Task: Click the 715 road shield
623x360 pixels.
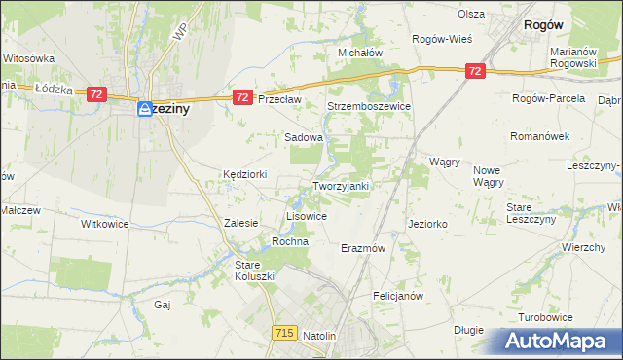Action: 284,333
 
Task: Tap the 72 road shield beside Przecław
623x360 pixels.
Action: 243,97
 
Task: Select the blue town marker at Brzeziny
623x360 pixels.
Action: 144,110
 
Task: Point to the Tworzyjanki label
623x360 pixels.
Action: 341,186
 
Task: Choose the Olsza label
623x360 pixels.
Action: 472,15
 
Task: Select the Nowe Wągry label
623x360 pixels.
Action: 488,176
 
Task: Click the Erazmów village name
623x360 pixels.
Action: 364,248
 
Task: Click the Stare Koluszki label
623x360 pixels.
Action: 255,270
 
